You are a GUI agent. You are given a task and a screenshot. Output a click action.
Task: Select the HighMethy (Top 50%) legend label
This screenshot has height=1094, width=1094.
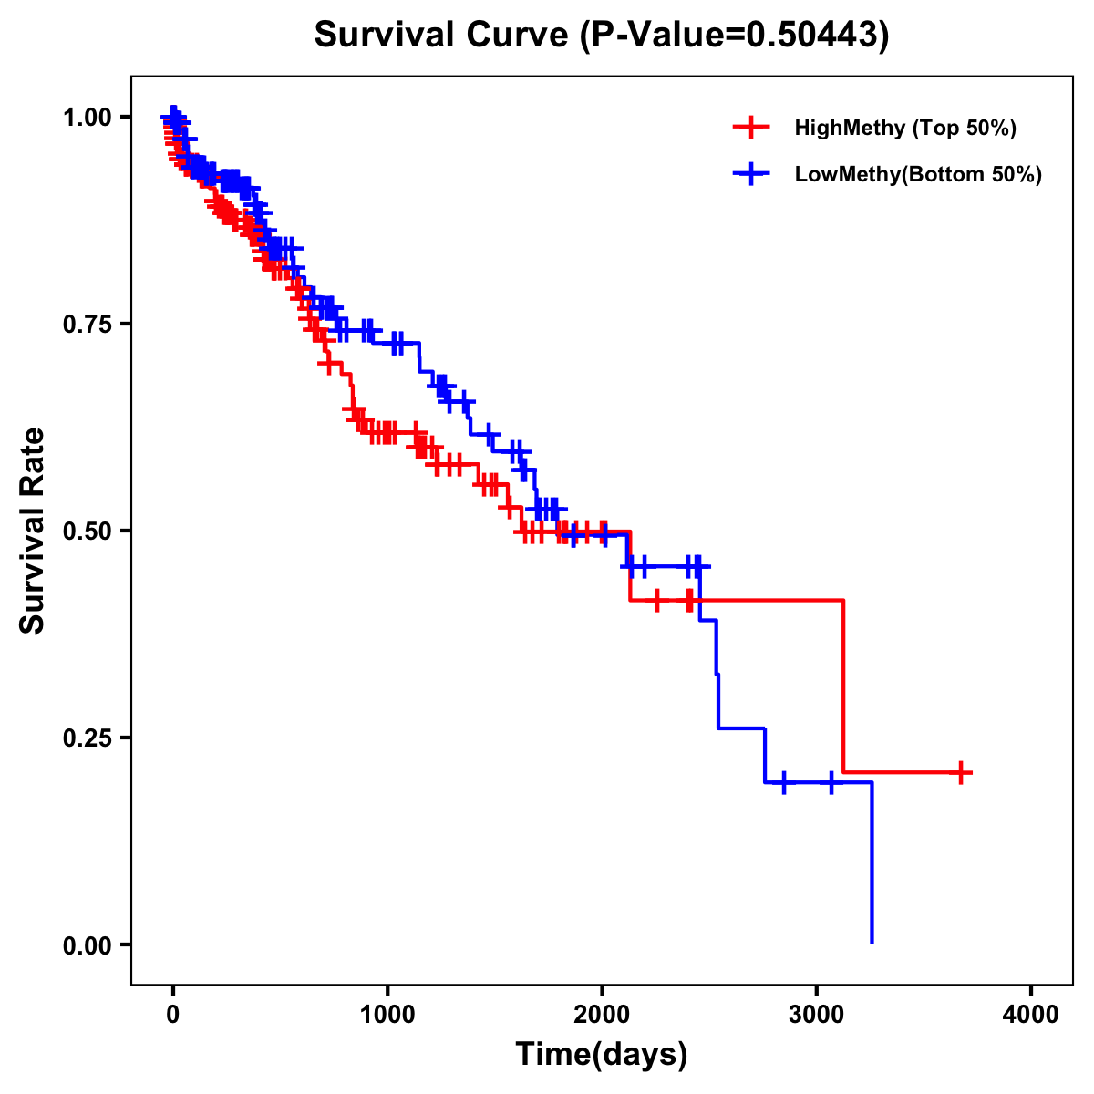[x=904, y=128]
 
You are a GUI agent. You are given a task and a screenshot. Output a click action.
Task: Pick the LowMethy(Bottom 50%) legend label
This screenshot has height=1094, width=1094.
[x=917, y=174]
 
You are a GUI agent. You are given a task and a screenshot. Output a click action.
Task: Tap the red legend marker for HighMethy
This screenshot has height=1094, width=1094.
[x=751, y=128]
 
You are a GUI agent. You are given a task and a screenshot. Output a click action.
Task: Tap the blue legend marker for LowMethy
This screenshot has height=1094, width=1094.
[x=751, y=174]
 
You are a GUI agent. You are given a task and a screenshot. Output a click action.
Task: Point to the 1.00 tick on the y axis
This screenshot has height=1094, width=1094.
[x=87, y=118]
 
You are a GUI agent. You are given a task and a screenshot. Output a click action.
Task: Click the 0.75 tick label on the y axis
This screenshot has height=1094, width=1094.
[x=87, y=325]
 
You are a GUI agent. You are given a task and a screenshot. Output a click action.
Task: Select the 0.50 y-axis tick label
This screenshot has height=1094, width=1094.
[x=87, y=532]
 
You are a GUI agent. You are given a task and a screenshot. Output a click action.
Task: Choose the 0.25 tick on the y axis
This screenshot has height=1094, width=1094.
[x=87, y=738]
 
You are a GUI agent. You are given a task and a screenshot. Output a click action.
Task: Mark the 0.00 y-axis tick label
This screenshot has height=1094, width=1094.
[x=87, y=945]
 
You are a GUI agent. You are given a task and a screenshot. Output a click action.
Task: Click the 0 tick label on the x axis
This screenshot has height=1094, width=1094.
[x=172, y=1015]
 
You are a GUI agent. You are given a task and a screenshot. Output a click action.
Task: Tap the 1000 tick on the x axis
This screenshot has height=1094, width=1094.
[x=387, y=1015]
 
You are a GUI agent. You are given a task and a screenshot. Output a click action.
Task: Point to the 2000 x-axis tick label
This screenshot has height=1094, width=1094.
[x=602, y=1015]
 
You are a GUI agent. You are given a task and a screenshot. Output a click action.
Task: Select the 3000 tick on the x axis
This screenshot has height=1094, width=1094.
[x=817, y=1015]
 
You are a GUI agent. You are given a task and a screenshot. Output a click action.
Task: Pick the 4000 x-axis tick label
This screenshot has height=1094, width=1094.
[x=1031, y=1015]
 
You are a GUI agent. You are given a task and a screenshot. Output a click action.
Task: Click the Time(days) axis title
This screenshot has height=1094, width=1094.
[x=602, y=1055]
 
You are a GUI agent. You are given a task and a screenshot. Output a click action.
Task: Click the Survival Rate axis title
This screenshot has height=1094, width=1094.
[x=33, y=531]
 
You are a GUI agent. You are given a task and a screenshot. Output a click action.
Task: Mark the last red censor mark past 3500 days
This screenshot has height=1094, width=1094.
[x=960, y=773]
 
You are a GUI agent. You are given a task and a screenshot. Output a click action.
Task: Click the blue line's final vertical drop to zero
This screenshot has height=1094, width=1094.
[x=872, y=866]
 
